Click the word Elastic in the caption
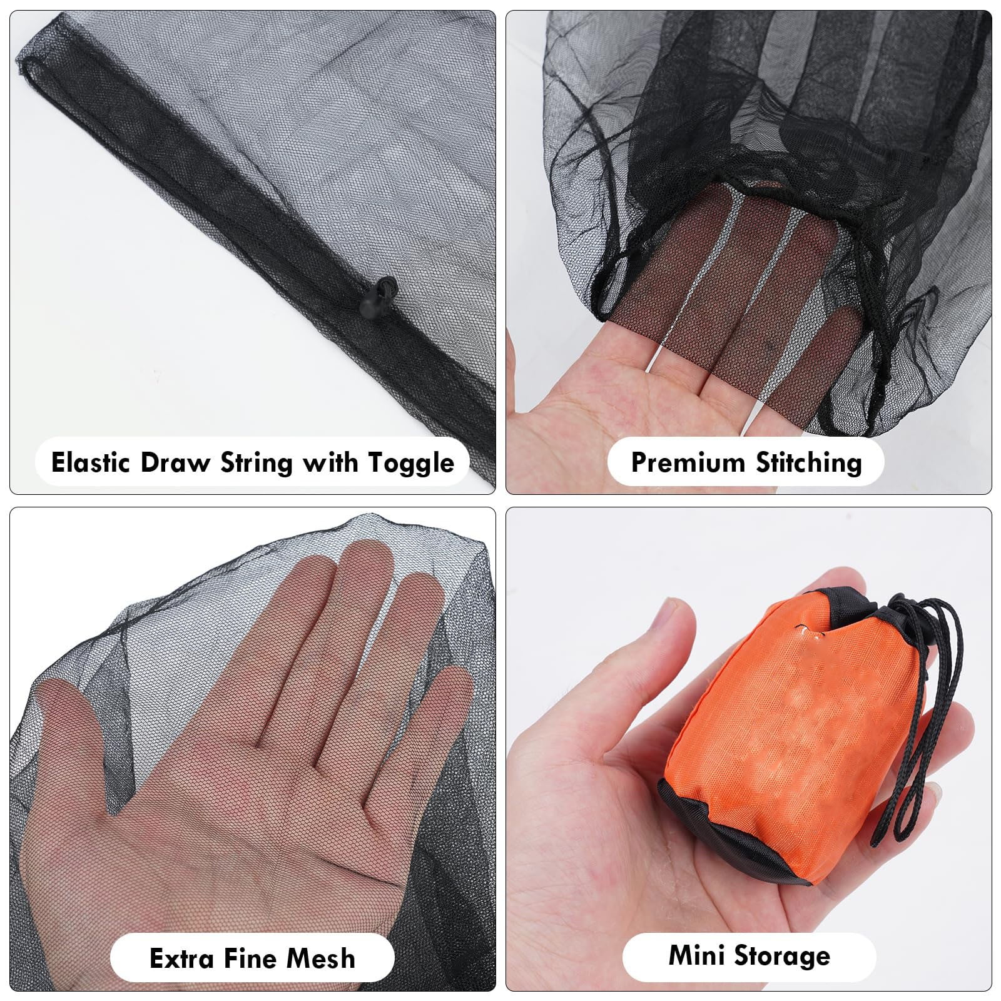[x=90, y=462]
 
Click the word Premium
[x=687, y=462]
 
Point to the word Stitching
[x=808, y=464]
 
